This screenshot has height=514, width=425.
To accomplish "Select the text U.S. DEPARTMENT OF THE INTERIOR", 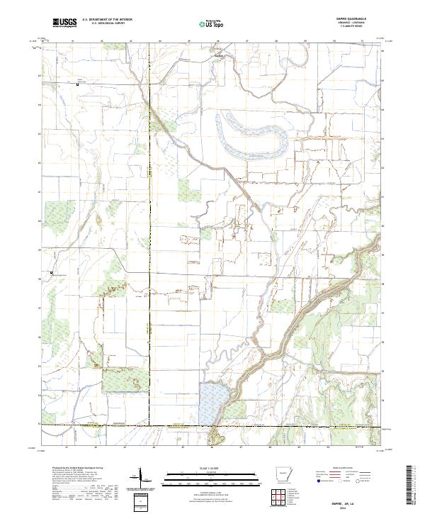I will pos(107,21).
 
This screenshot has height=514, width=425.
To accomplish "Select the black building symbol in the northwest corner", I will pos(78,85).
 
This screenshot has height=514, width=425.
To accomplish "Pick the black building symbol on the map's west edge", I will pos(50,272).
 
